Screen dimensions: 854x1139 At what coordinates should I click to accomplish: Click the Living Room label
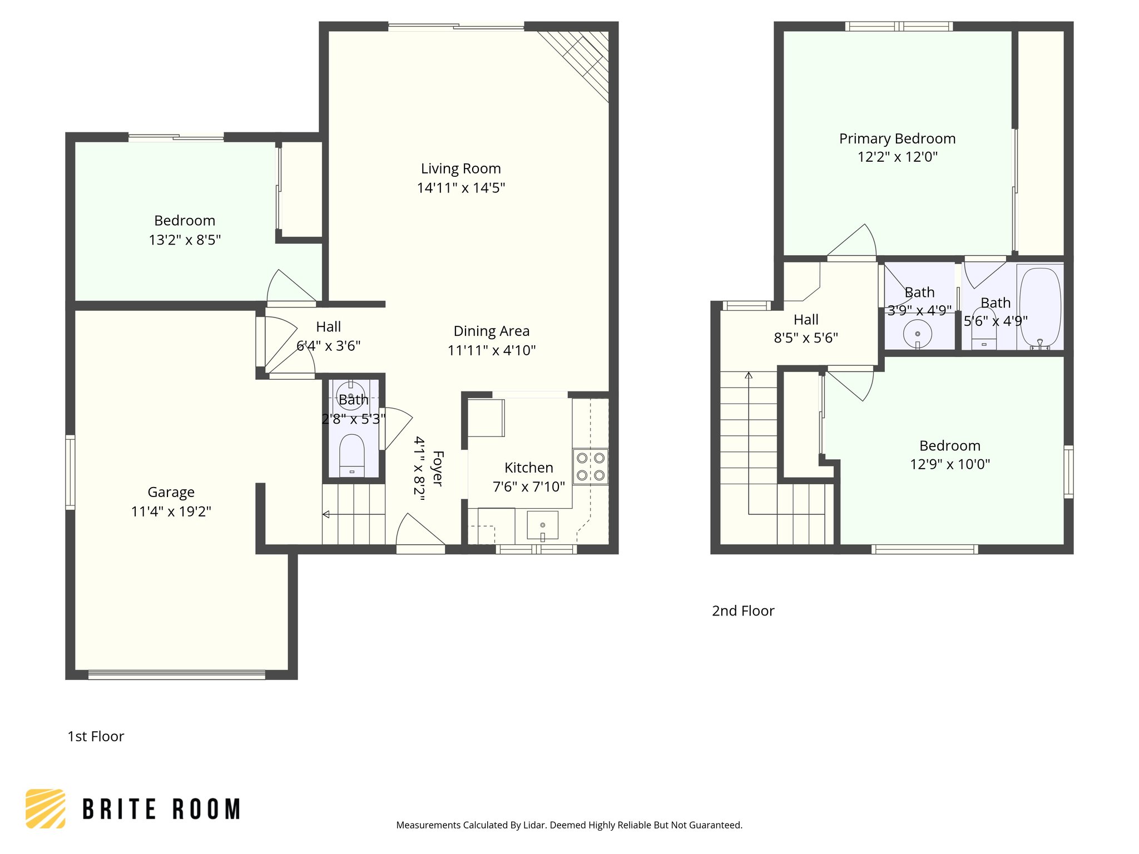pos(460,168)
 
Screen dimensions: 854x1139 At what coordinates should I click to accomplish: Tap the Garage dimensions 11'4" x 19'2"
pos(171,512)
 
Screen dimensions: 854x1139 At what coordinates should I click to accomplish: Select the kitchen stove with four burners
pos(590,466)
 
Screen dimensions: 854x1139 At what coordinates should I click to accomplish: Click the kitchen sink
pos(542,525)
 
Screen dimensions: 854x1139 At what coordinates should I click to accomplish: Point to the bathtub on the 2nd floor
pos(1039,307)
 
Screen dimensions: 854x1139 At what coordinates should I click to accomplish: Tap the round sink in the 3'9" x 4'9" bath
pos(917,334)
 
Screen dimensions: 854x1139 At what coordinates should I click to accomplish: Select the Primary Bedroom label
pos(897,138)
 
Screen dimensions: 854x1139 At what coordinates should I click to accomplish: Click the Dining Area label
pos(491,331)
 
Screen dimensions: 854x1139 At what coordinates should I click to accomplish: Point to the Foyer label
pos(438,469)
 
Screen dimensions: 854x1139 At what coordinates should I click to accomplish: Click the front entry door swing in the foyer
pos(417,531)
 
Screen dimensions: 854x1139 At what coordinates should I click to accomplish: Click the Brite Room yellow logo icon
pos(46,808)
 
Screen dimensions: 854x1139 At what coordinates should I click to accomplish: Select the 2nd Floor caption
pos(743,611)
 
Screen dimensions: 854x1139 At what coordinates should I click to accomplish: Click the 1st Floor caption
pos(96,737)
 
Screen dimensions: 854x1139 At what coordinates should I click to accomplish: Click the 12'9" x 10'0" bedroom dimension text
pos(949,464)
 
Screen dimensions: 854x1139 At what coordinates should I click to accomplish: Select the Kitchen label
pos(528,468)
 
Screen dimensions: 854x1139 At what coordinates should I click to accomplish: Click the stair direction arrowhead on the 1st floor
pos(326,514)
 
